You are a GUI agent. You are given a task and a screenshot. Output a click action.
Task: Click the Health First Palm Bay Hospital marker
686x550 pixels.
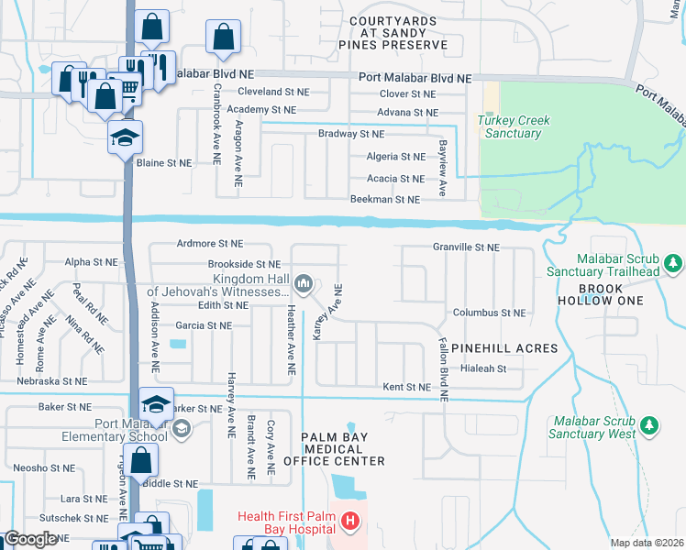(349, 523)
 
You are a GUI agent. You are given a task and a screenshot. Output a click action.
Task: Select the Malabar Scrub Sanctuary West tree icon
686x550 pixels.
(649, 425)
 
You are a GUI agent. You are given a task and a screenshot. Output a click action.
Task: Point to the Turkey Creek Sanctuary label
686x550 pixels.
(509, 126)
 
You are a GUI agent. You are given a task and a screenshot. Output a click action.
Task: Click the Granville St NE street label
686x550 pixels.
(466, 247)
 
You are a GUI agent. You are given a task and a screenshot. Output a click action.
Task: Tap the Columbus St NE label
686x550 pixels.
(490, 313)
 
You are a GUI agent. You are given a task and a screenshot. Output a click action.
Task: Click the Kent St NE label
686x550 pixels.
(406, 388)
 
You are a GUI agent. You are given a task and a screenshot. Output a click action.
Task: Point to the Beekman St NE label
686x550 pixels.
(385, 199)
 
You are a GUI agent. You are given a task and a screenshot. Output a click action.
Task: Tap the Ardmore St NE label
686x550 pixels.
(210, 244)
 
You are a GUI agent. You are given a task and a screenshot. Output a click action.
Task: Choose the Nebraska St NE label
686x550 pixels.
(51, 380)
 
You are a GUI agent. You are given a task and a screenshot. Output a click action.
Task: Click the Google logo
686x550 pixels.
(29, 539)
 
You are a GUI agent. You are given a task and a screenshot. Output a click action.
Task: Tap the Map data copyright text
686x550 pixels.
(647, 543)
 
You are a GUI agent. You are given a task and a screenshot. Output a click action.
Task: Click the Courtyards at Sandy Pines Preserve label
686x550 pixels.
(398, 32)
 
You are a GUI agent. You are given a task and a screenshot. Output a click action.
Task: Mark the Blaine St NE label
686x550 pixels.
(164, 162)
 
